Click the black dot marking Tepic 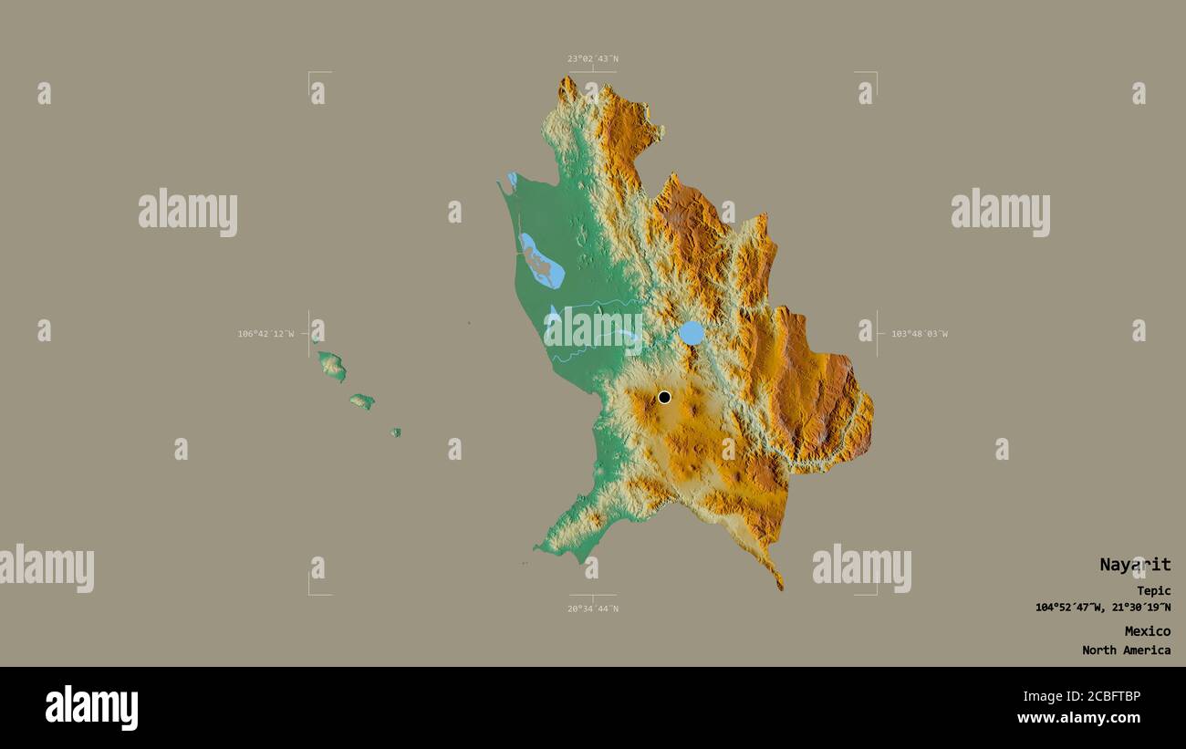pos(664,397)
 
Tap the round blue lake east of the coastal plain pos(692,333)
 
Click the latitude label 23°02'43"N pos(592,58)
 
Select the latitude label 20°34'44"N pos(592,609)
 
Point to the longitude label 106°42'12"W pos(265,334)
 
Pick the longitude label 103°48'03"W pos(920,334)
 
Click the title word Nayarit pos(1134,565)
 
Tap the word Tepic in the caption pos(1153,591)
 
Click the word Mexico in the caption pos(1147,631)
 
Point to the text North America pos(1126,650)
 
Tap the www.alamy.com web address pos(1078,718)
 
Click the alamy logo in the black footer pos(91,708)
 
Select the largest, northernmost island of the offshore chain pos(332,366)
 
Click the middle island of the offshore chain pos(362,401)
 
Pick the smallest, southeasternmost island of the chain pos(396,432)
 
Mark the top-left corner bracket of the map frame pos(310,74)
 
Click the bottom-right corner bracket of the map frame pos(875,593)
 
